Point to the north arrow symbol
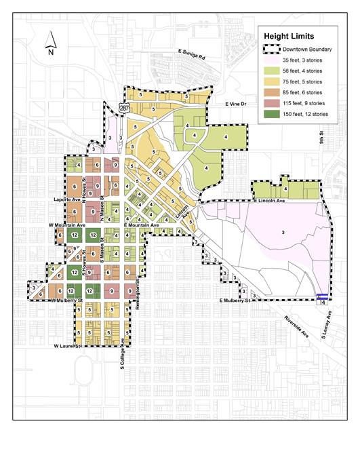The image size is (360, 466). [x=50, y=46]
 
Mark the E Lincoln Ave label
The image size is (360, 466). [x=271, y=201]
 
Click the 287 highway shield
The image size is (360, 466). [x=123, y=107]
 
